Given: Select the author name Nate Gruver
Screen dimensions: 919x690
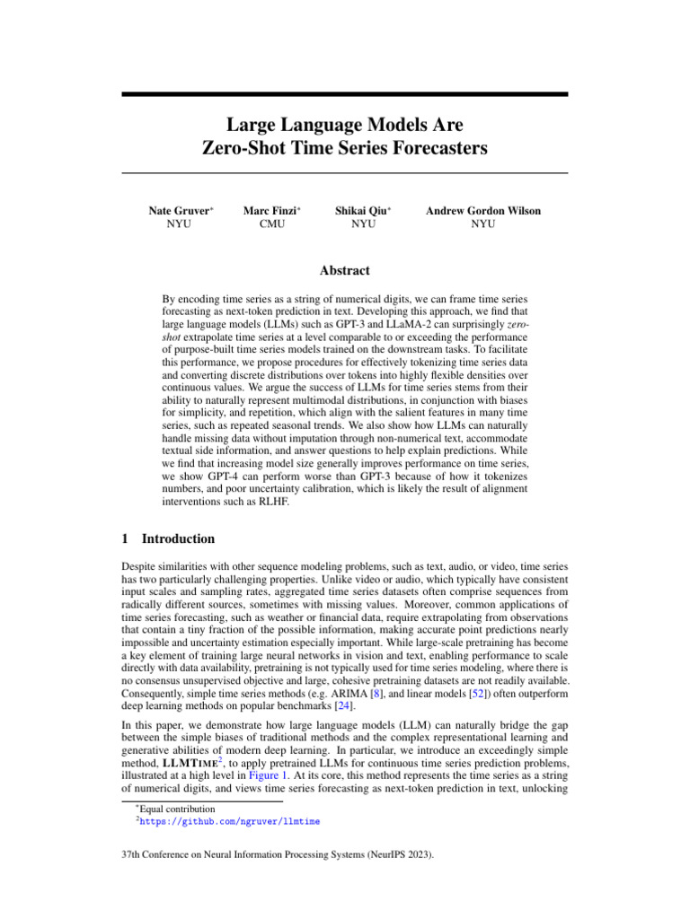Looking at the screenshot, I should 179,211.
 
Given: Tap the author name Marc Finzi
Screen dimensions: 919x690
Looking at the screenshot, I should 270,211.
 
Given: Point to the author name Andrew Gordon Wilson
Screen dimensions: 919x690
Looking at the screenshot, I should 482,211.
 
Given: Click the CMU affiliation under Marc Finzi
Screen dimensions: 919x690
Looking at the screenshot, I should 272,224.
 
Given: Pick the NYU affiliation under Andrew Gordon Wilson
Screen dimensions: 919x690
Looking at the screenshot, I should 482,224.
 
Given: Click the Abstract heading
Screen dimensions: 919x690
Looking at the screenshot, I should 345,270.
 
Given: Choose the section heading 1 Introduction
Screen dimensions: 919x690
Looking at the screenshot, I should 168,539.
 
